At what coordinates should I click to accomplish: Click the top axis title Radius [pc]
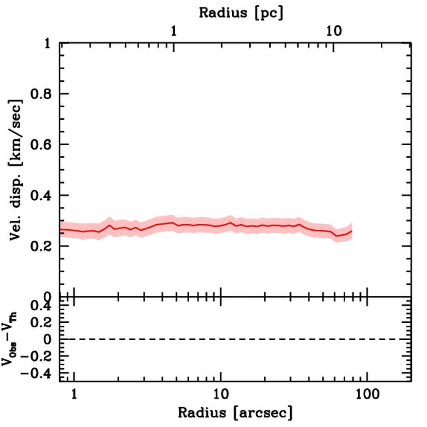coord(241,13)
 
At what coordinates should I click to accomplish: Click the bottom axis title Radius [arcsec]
coord(235,413)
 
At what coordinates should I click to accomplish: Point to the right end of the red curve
coord(352,231)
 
